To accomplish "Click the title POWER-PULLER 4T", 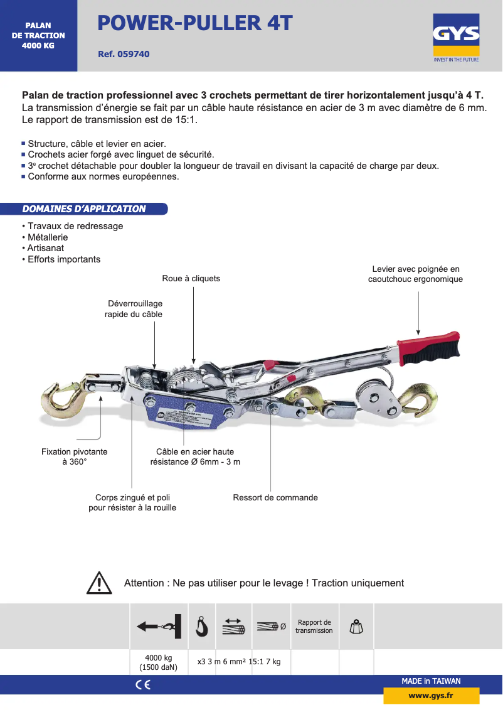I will [195, 23].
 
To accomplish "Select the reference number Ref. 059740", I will [124, 55].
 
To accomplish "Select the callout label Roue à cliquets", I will [191, 278].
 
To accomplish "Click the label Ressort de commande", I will [275, 497].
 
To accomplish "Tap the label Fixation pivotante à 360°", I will [74, 456].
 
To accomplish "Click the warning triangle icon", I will [99, 583].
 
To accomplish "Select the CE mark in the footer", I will [142, 685].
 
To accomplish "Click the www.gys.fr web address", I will [431, 696].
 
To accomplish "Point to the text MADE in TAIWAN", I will [431, 681].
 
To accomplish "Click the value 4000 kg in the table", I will [158, 657].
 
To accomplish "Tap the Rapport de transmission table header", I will [314, 626].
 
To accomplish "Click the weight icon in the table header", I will [356, 626].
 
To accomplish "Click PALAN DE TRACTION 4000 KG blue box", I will [38, 36].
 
